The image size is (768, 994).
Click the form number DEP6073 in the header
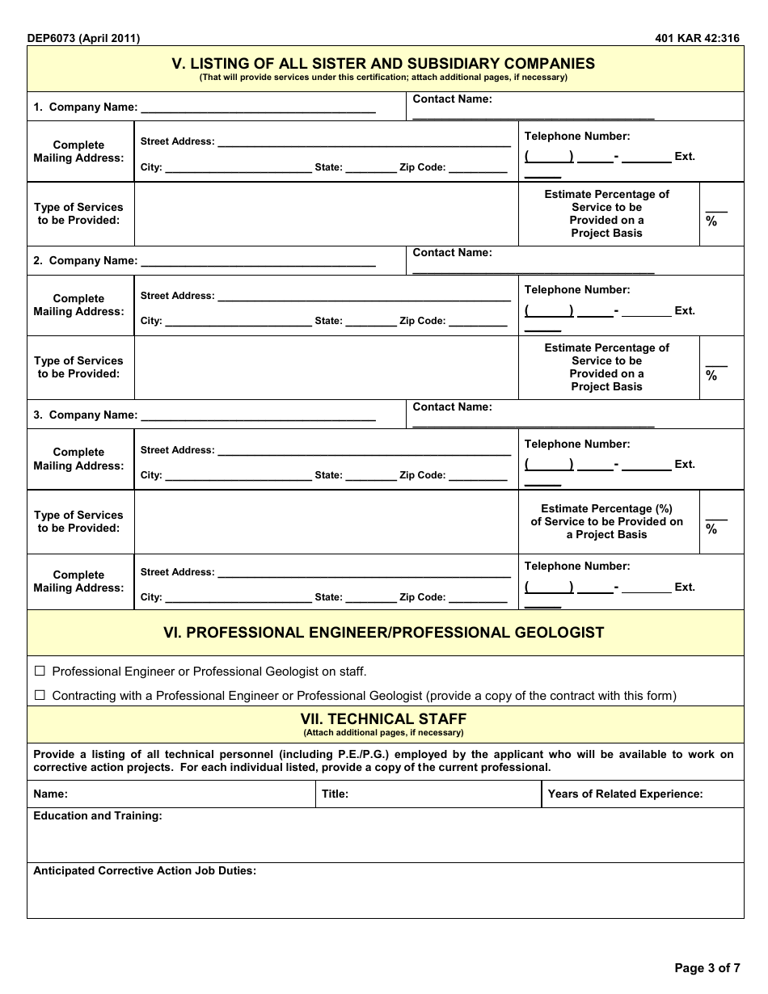point(55,38)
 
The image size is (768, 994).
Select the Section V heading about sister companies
point(384,64)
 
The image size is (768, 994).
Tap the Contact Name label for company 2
point(452,253)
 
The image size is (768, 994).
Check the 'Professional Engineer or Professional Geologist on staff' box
point(40,672)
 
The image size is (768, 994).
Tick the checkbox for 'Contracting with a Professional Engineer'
point(40,695)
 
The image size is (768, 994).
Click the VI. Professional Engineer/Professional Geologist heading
point(384,633)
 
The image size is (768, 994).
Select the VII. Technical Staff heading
point(384,718)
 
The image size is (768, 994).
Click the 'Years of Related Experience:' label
point(625,794)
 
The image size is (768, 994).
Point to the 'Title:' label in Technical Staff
point(335,794)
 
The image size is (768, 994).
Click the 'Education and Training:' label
point(98,816)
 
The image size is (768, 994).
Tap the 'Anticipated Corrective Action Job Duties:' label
point(145,871)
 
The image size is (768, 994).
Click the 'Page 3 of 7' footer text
point(707,967)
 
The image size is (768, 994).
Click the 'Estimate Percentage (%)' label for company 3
point(606,509)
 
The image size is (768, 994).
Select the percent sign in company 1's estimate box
point(711,221)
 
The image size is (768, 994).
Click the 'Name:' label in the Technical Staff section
point(50,794)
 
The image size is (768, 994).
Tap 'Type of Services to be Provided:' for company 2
point(78,368)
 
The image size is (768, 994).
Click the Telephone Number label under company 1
point(577,137)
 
